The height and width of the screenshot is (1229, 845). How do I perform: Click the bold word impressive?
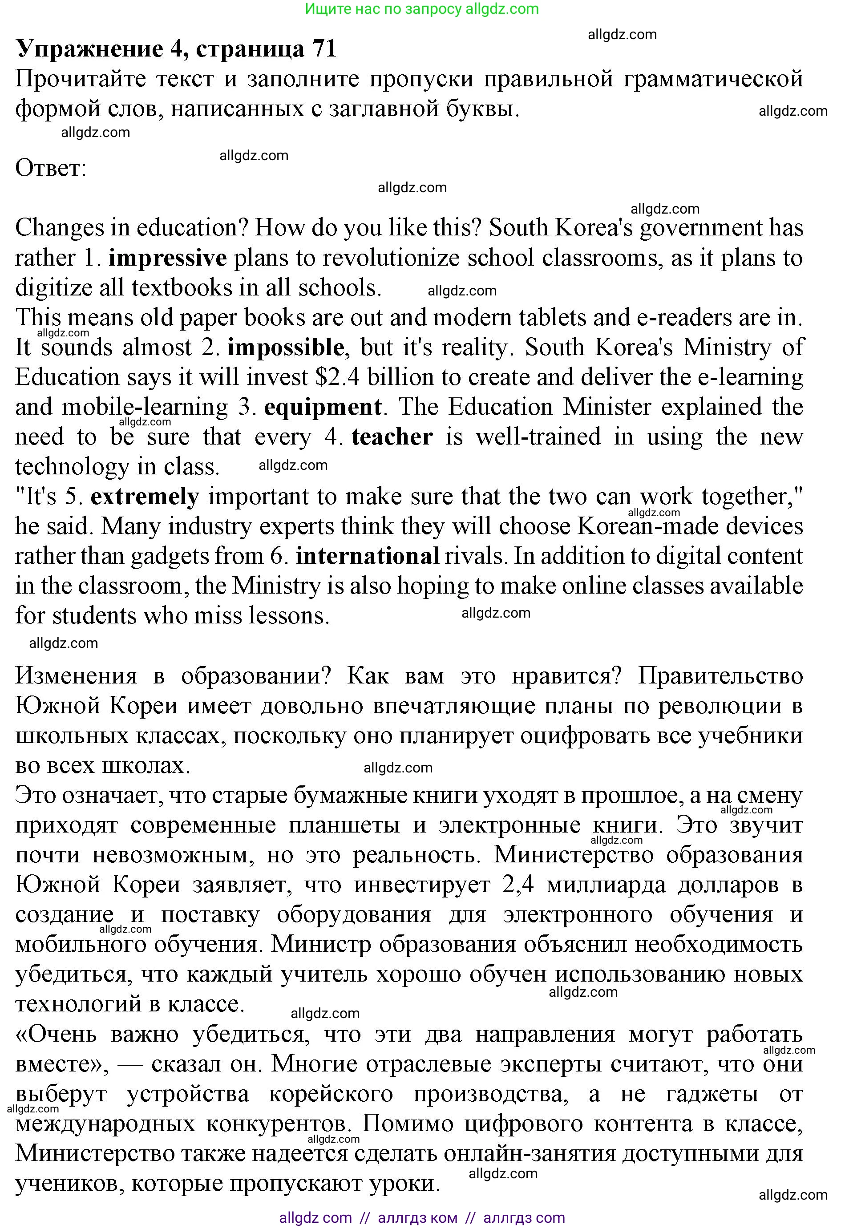pyautogui.click(x=168, y=258)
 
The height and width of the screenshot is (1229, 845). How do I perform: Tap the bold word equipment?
pyautogui.click(x=323, y=408)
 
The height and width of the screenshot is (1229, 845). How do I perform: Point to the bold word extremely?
pyautogui.click(x=145, y=497)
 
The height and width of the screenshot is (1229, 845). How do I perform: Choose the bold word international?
pyautogui.click(x=368, y=556)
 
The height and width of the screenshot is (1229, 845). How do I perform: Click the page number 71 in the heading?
pyautogui.click(x=324, y=49)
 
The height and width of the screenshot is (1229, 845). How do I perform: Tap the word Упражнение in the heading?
pyautogui.click(x=90, y=49)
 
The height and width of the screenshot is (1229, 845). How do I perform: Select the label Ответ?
pyautogui.click(x=51, y=169)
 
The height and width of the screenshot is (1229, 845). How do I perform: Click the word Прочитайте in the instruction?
pyautogui.click(x=80, y=79)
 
